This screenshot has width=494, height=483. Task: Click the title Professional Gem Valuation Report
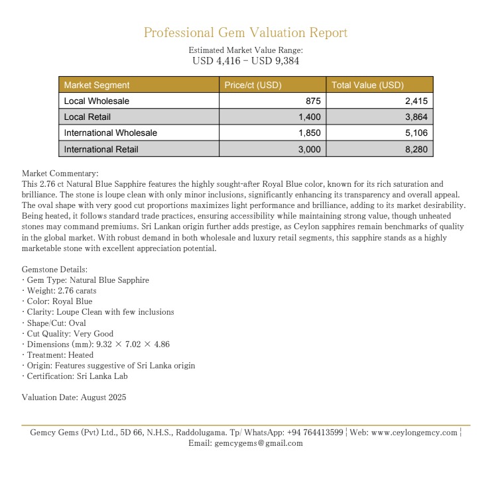(x=245, y=32)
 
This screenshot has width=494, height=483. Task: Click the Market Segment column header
(x=97, y=85)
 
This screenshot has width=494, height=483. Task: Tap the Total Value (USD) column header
(x=368, y=85)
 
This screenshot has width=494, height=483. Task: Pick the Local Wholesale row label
(x=97, y=101)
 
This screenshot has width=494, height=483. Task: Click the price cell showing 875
(x=313, y=101)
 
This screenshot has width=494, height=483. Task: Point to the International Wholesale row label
(x=111, y=133)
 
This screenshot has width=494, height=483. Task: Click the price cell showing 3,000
(x=309, y=150)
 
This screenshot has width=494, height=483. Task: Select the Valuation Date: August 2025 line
(x=74, y=398)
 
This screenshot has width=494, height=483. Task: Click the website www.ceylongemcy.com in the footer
(x=414, y=433)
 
